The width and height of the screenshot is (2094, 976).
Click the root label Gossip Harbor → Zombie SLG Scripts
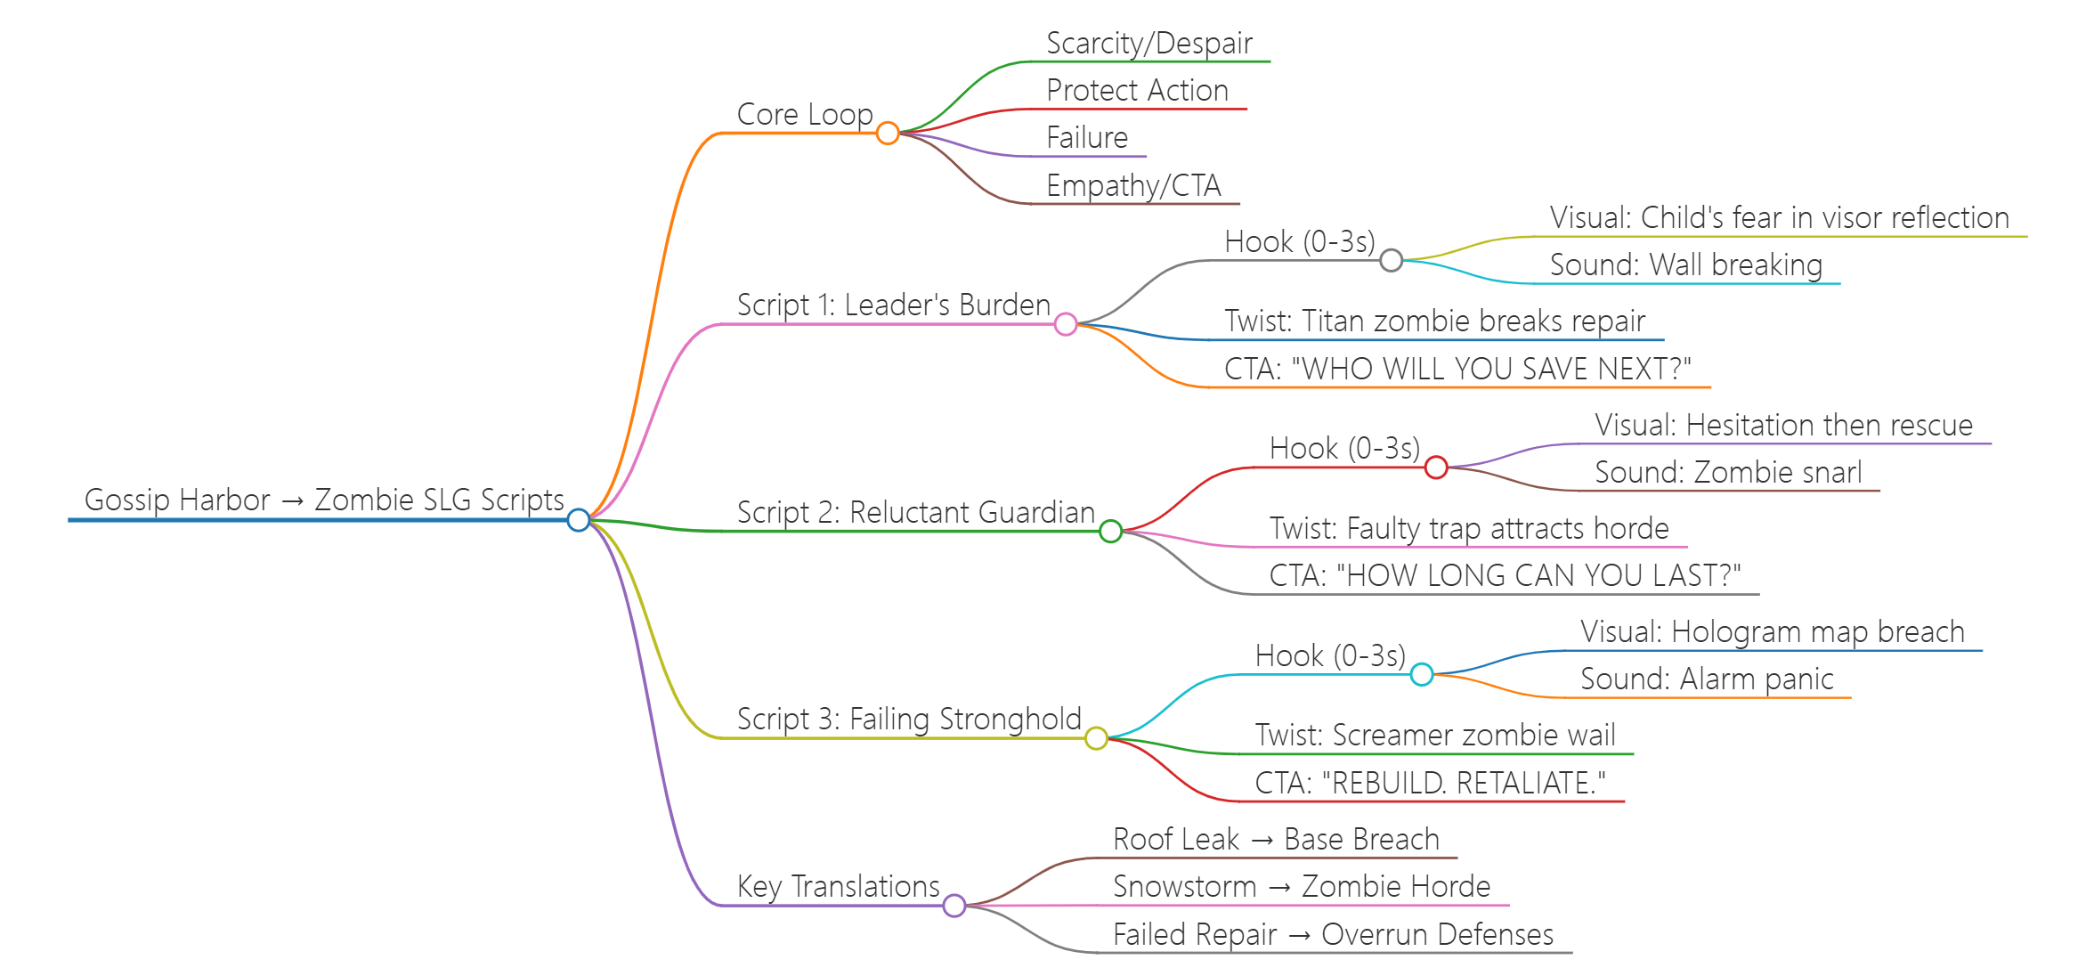coord(324,500)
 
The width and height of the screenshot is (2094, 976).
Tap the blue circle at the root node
coord(579,520)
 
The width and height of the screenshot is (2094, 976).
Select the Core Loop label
coord(805,115)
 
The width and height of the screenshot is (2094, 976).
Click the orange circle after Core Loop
coord(888,134)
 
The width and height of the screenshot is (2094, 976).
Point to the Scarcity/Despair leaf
coord(1148,44)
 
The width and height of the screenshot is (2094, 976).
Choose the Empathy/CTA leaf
coord(1133,186)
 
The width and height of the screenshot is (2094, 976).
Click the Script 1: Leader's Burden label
coord(893,305)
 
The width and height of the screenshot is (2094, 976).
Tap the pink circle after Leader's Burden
coord(1066,324)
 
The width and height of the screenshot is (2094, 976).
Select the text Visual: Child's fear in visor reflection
coord(1779,218)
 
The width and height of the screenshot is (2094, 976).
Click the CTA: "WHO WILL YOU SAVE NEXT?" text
coord(1457,369)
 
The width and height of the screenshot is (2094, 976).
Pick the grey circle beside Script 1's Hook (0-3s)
coord(1392,260)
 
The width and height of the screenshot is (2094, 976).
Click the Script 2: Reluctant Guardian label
coord(915,513)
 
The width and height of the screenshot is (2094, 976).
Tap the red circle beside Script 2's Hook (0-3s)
coord(1436,467)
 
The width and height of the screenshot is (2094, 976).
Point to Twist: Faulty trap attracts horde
coord(1469,529)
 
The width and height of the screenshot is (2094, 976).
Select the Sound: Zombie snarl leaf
coord(1727,473)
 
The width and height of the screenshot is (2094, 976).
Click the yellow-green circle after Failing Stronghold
coord(1096,738)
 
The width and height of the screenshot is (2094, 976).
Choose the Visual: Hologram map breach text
coord(1772,632)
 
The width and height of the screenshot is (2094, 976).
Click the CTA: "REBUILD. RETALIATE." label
coord(1430,784)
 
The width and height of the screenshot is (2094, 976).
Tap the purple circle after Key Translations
coord(954,906)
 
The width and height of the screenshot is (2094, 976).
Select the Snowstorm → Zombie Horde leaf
coord(1302,887)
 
